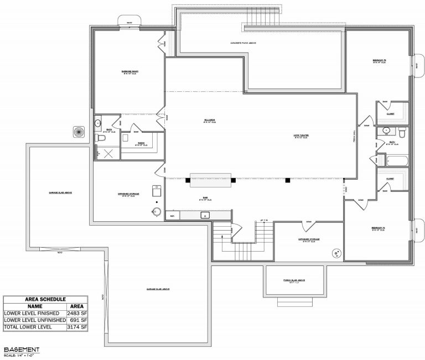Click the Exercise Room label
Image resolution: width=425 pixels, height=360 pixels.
[130, 72]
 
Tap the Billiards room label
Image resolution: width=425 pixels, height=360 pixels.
[209, 120]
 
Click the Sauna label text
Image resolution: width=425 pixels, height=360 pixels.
[141, 143]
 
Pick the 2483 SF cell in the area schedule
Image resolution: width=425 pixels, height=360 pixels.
[77, 313]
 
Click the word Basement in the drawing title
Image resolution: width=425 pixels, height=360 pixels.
[21, 350]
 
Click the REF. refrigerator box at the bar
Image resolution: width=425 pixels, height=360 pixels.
[173, 216]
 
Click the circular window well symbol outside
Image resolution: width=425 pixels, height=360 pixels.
[78, 132]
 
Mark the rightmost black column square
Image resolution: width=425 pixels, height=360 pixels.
[287, 180]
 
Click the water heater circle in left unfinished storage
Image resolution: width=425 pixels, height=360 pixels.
[157, 212]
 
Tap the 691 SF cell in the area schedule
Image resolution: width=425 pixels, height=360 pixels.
[77, 320]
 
